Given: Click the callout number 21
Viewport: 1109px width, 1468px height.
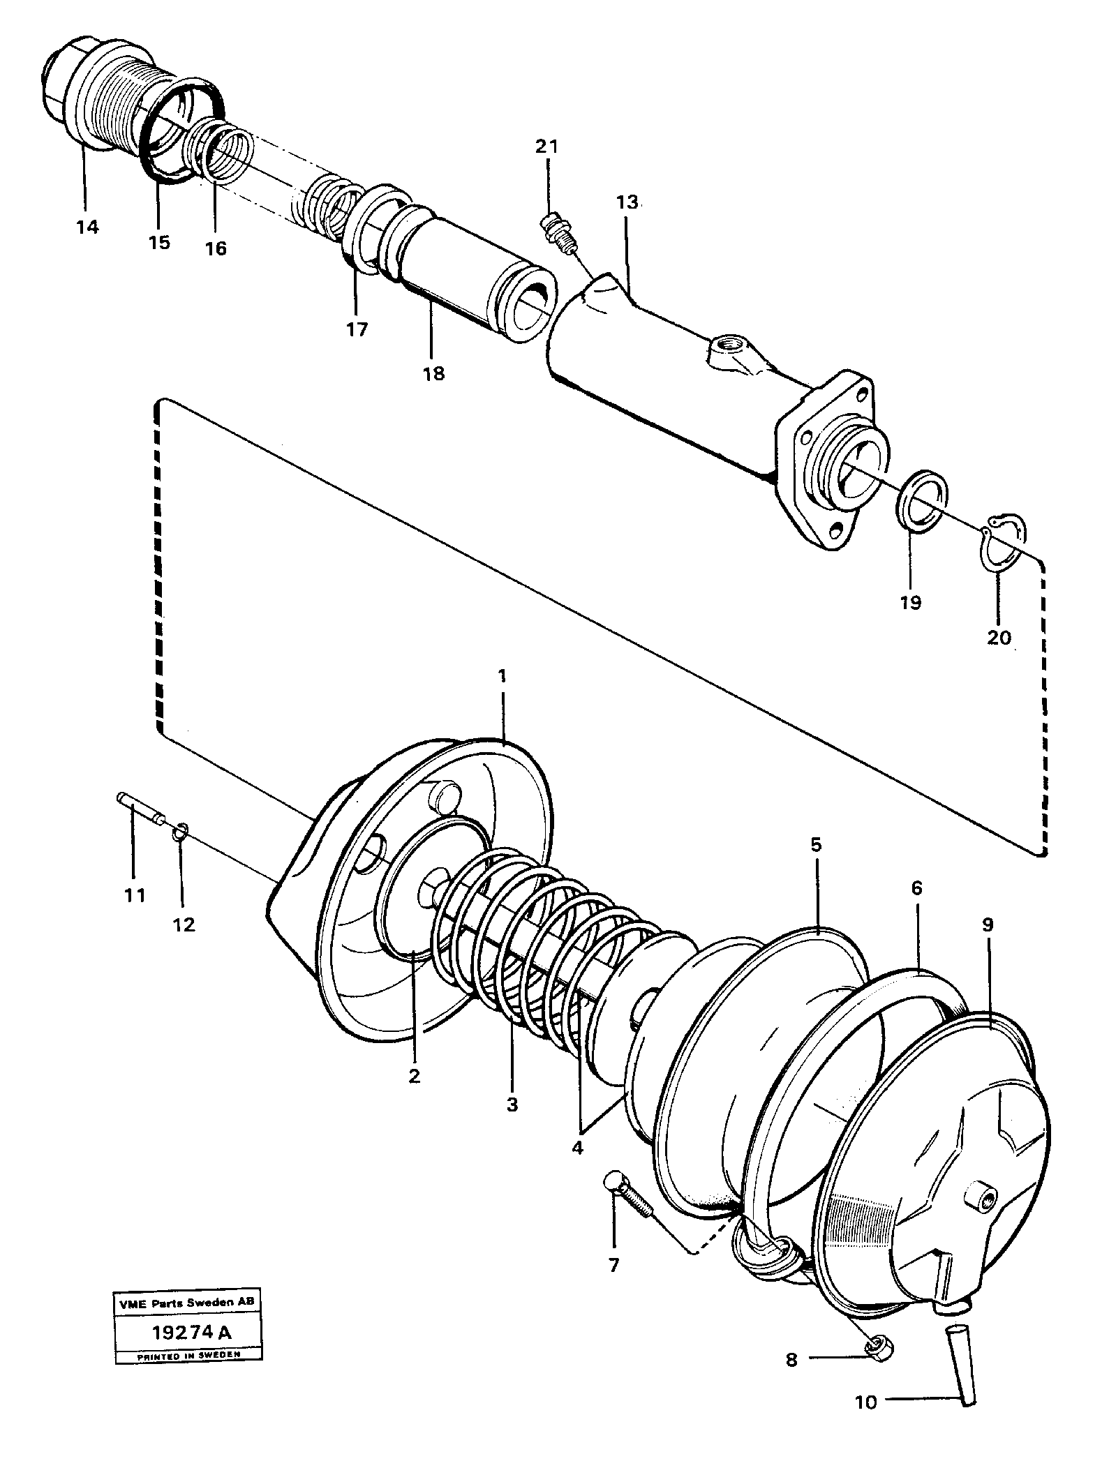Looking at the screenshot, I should [x=547, y=147].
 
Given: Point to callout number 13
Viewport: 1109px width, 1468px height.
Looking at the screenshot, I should [x=627, y=203].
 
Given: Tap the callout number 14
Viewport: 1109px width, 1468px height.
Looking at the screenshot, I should [x=88, y=226].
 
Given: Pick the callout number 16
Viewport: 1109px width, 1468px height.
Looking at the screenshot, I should [x=216, y=248].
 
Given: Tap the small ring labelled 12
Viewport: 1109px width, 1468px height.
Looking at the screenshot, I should [x=179, y=830].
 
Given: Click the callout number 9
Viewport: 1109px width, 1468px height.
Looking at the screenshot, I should [x=986, y=924].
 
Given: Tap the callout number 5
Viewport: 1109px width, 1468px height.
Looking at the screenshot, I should [x=816, y=845].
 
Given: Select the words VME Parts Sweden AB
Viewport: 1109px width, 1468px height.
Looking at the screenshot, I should [x=188, y=1302].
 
